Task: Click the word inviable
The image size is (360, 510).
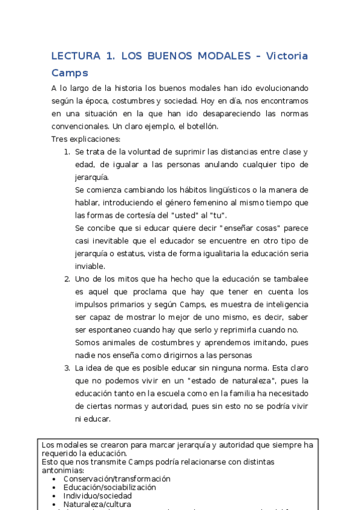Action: pyautogui.click(x=90, y=266)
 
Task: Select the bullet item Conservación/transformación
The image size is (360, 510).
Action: pyautogui.click(x=117, y=479)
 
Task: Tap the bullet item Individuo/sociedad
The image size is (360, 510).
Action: pyautogui.click(x=97, y=496)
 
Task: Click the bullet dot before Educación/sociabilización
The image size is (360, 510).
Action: pyautogui.click(x=55, y=488)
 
